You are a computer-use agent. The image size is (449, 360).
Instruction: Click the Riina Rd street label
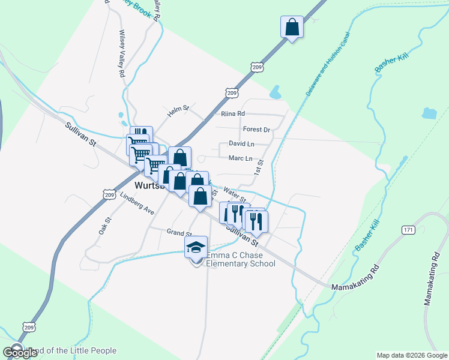[233, 113]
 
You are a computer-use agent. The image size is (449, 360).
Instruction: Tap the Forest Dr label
[257, 129]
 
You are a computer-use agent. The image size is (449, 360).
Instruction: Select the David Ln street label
[241, 144]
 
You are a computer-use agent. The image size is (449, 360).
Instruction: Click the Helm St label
[178, 109]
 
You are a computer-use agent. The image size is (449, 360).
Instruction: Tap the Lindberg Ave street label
[137, 204]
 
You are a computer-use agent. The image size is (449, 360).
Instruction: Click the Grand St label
[179, 232]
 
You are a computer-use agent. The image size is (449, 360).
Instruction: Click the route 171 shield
[409, 230]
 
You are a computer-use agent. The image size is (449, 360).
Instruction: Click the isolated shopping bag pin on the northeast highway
[292, 28]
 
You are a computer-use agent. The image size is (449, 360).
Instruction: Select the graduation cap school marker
[196, 247]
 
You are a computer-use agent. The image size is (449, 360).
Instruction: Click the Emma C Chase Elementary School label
[240, 259]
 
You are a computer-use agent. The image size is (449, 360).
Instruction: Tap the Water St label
[234, 194]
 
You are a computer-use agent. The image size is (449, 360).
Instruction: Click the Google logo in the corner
[20, 352]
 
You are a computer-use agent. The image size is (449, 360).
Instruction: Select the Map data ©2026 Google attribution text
[411, 355]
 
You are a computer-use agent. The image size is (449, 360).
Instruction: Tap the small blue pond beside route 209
[276, 92]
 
